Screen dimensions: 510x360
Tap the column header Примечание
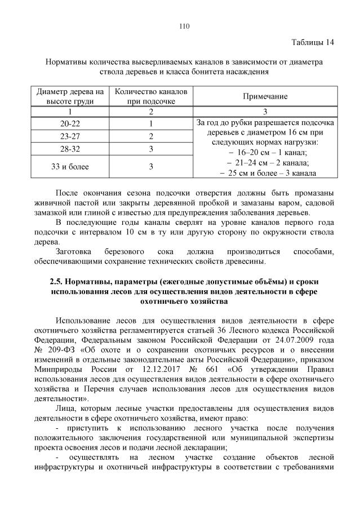tap(265, 96)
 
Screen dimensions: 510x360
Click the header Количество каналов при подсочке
tap(150, 96)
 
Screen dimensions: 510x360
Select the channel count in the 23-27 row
tap(151, 136)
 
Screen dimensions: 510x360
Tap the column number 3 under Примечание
tap(265, 111)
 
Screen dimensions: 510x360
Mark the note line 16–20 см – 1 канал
tap(265, 152)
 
